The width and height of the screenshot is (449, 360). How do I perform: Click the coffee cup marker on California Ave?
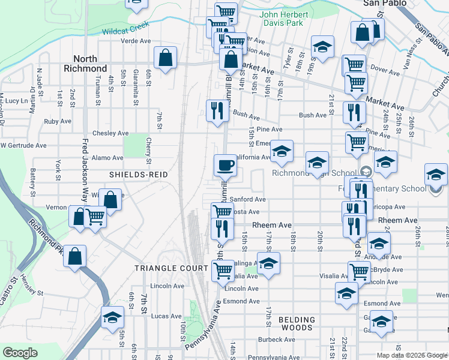(x=225, y=164)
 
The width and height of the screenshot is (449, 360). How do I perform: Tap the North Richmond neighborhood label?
(x=85, y=64)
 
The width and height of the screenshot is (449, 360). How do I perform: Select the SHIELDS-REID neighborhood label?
(x=137, y=174)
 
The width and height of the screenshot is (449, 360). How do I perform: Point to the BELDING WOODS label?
(x=297, y=323)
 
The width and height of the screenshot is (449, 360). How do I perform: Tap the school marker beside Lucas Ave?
(x=112, y=318)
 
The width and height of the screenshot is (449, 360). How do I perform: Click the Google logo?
(x=20, y=353)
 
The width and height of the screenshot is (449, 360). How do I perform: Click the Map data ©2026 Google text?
(x=411, y=355)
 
